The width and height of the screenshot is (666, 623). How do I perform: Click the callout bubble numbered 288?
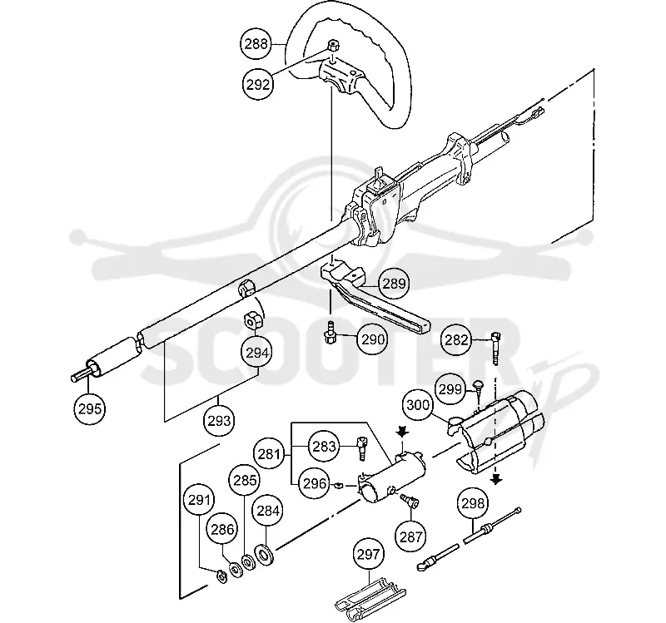[256, 44]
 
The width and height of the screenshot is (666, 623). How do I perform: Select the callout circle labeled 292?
[258, 85]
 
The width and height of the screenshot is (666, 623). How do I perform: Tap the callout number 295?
[90, 408]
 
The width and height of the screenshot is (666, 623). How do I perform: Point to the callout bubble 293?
[219, 421]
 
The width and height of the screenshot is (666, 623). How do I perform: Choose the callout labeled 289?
[395, 284]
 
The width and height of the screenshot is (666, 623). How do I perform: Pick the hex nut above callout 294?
[253, 320]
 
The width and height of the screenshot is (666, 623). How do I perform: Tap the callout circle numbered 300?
[418, 405]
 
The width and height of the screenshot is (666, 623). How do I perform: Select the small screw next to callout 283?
[362, 448]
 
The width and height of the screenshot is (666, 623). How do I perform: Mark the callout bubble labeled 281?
[269, 454]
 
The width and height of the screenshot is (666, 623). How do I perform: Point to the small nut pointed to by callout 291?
[221, 576]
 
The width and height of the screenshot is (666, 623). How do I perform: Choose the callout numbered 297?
[368, 554]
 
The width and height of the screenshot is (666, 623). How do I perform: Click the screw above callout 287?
[410, 500]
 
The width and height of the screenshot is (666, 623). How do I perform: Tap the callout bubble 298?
[473, 503]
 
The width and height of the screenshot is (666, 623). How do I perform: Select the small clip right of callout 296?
[338, 485]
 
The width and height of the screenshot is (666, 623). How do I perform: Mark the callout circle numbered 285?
[245, 480]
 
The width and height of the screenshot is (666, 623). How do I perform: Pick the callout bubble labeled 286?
[222, 530]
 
